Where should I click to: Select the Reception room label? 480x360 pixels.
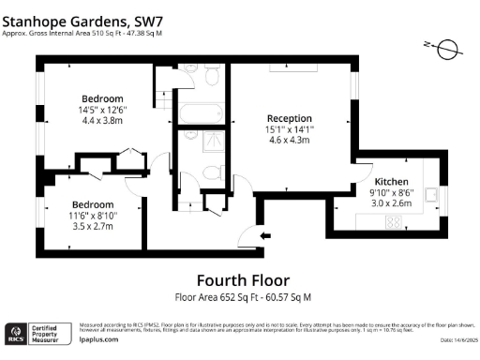(289, 117)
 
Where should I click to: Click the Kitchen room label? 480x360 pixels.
(392, 181)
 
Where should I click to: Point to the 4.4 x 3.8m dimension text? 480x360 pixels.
(102, 120)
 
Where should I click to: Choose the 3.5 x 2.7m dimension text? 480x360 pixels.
(93, 226)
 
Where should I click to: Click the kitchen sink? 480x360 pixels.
(432, 194)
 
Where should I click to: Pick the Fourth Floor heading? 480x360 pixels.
(243, 279)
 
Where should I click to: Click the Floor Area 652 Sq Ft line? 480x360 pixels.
(243, 297)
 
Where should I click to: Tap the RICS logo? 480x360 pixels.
(16, 333)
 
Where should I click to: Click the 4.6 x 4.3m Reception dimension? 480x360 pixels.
(289, 139)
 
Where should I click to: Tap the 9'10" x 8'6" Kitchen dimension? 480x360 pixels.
(392, 191)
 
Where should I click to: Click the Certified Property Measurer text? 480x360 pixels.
(49, 333)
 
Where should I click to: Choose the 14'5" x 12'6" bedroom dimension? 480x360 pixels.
(102, 110)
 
